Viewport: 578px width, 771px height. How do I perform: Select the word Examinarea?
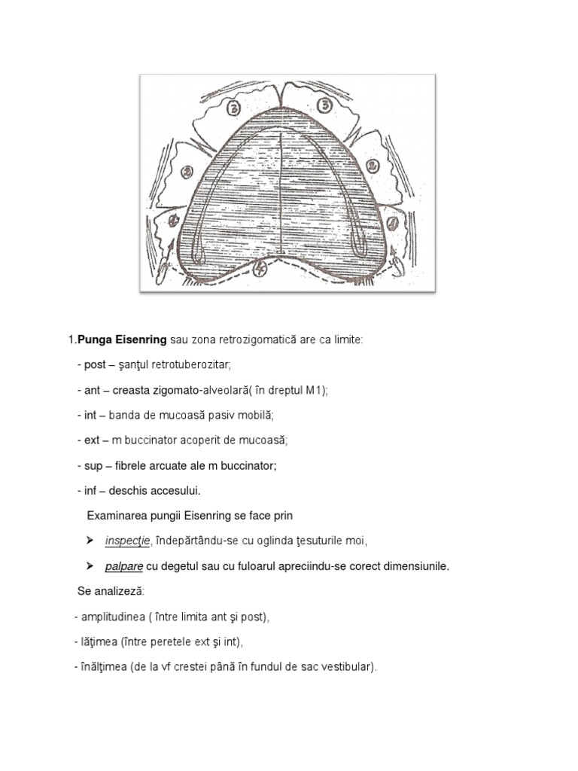click(116, 516)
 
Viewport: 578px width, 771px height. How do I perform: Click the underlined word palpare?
click(124, 566)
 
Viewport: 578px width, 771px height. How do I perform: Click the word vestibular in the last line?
click(348, 667)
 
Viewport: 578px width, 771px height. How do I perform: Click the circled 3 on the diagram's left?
click(234, 108)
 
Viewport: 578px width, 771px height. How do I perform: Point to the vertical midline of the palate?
click(280, 196)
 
